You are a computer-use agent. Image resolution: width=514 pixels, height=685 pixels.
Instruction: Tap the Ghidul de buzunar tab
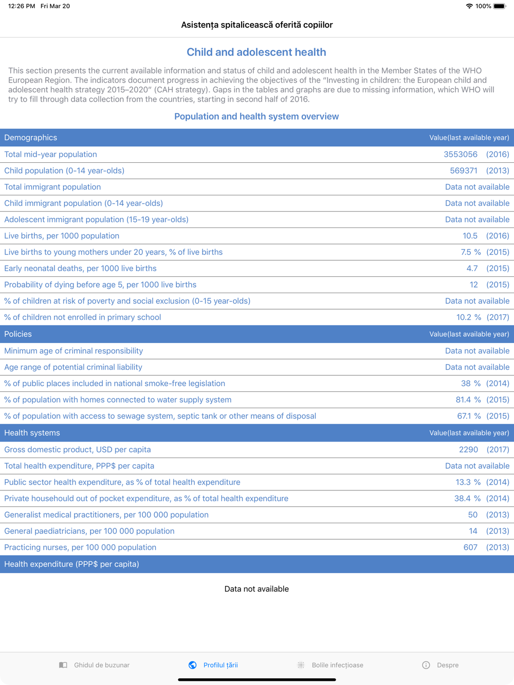click(x=95, y=665)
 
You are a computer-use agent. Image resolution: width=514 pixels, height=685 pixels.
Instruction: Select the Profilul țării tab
click(x=213, y=665)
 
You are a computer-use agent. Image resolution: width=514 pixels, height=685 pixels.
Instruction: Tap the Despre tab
click(x=440, y=665)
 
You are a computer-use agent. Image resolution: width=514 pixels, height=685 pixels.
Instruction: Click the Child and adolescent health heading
click(x=256, y=52)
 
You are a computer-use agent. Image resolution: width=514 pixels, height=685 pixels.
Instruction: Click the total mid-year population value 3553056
click(x=461, y=154)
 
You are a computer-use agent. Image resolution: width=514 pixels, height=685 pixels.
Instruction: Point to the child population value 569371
click(x=464, y=170)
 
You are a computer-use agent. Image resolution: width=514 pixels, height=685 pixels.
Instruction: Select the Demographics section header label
click(x=31, y=138)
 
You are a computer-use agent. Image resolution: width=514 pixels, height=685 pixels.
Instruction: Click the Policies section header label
click(x=18, y=334)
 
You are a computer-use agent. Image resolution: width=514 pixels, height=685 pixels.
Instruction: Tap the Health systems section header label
click(x=32, y=433)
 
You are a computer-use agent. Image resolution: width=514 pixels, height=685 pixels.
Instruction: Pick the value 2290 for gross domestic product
click(x=468, y=449)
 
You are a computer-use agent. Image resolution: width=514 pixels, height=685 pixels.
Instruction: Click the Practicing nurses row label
click(x=80, y=547)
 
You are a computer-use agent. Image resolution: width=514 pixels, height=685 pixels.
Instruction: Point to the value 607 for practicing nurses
click(x=470, y=547)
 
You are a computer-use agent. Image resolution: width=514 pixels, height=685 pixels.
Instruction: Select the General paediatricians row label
click(x=89, y=531)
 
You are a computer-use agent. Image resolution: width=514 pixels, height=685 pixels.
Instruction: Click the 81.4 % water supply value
click(x=468, y=399)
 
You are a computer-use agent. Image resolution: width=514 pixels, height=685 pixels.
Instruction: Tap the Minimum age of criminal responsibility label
click(x=74, y=351)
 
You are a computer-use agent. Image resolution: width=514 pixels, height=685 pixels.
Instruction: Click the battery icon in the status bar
click(x=500, y=6)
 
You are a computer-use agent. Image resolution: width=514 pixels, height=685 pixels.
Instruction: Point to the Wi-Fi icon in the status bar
click(x=469, y=6)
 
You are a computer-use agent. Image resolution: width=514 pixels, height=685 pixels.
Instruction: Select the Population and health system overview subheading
click(x=256, y=117)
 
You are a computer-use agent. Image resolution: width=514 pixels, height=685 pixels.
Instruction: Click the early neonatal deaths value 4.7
click(x=472, y=268)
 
